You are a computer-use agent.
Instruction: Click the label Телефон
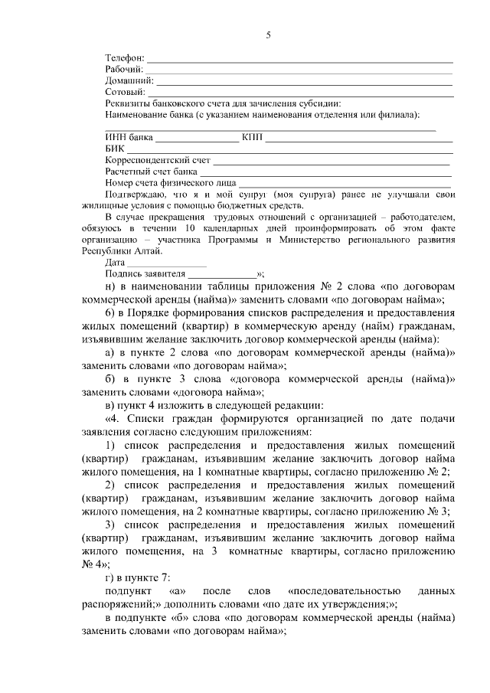click(x=124, y=58)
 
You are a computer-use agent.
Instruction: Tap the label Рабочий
click(x=123, y=70)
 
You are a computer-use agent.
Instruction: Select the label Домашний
click(x=129, y=81)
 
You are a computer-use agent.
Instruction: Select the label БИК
click(x=114, y=149)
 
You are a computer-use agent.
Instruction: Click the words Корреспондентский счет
click(x=157, y=161)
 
